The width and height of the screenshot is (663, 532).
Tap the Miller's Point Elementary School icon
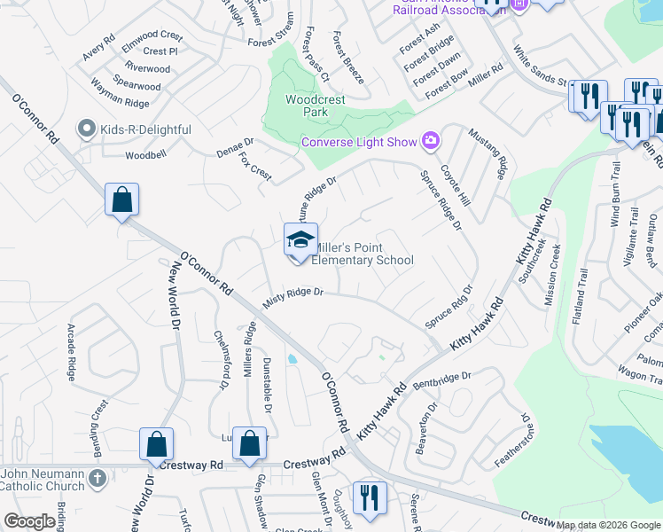click(300, 239)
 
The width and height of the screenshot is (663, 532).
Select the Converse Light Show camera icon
click(431, 141)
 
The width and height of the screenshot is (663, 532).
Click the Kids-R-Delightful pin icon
click(87, 129)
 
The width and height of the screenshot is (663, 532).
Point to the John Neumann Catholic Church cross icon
click(98, 479)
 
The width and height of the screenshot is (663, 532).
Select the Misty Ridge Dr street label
click(293, 297)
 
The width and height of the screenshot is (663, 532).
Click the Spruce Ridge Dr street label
click(441, 199)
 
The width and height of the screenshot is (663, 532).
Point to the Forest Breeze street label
click(347, 59)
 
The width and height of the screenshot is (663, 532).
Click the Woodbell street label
click(145, 155)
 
